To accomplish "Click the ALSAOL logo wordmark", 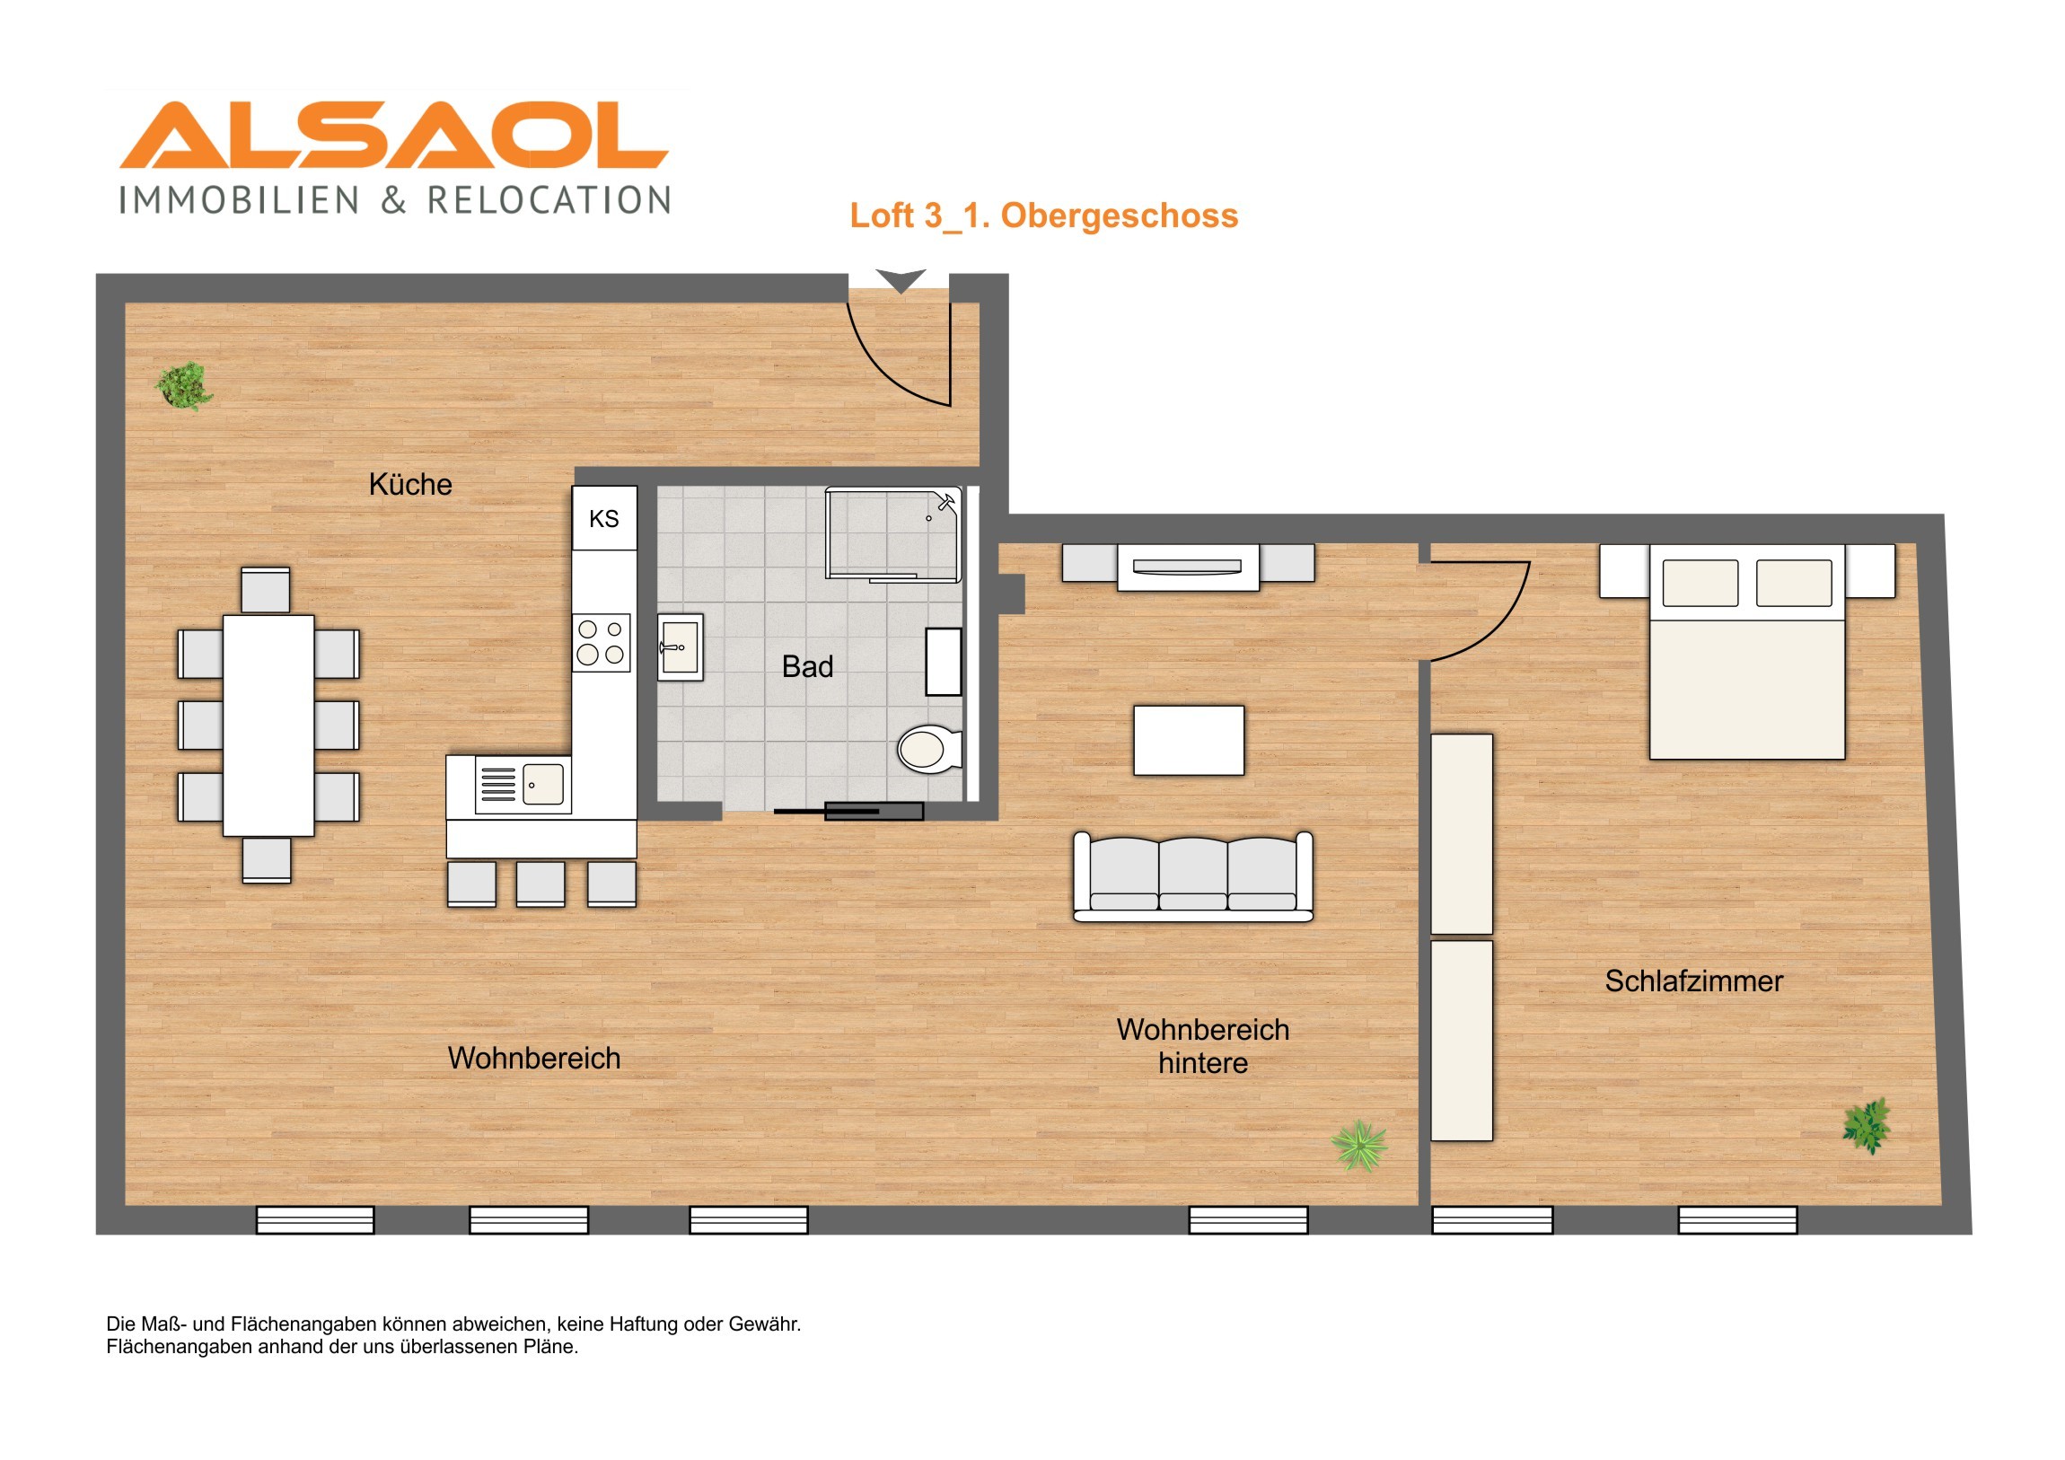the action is point(394,135).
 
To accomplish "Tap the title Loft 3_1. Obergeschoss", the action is point(1044,215).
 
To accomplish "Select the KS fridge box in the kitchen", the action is point(604,518).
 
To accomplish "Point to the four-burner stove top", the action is point(602,642).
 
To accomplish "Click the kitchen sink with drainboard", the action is point(523,785).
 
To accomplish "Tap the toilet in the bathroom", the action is point(930,750).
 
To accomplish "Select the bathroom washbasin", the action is point(680,646).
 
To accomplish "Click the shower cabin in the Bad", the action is point(893,534).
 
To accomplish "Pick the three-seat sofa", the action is point(1192,877).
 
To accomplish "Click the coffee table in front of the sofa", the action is point(1189,741).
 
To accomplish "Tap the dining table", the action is point(268,725).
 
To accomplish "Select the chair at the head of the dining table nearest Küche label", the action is point(266,590).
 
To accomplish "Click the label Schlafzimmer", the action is point(1693,981).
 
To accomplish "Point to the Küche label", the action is point(410,485).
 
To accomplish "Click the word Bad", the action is point(808,666).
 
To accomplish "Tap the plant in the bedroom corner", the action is point(1867,1125).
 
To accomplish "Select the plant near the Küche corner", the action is point(184,386).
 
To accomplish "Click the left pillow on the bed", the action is point(1700,583).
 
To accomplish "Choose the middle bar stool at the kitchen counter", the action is point(540,884).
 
